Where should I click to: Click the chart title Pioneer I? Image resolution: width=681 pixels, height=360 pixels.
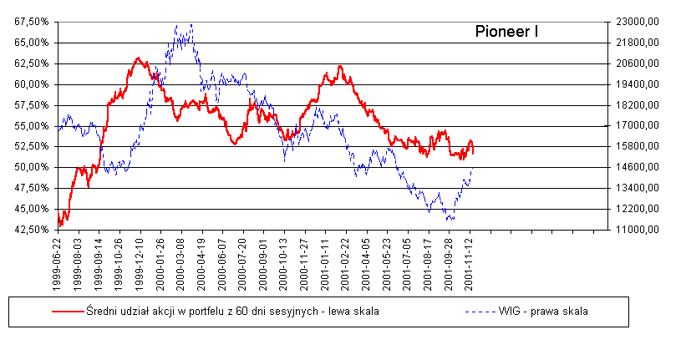pos(506,33)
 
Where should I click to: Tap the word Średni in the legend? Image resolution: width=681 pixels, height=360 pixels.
pos(104,312)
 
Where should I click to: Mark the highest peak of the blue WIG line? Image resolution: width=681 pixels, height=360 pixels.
pos(192,25)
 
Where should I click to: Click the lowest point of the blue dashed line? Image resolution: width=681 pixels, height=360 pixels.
pos(450,221)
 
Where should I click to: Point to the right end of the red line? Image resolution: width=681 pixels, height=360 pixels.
pos(473,153)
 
